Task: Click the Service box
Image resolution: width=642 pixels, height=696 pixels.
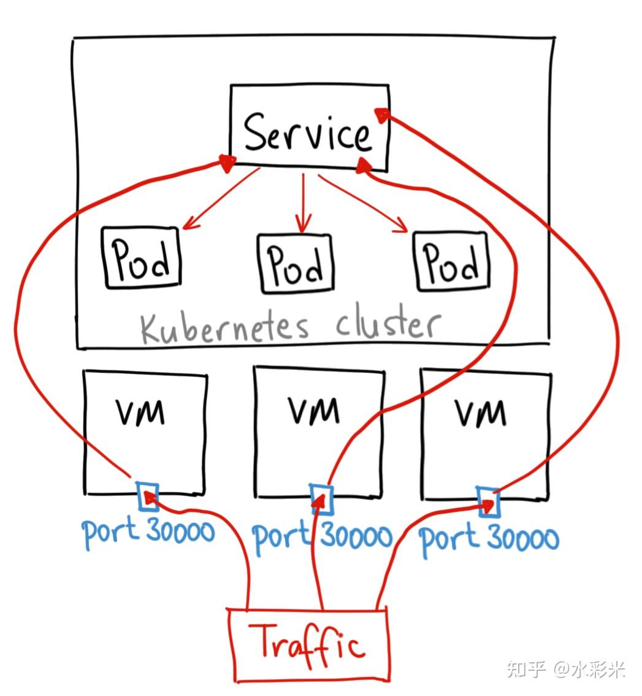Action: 309,128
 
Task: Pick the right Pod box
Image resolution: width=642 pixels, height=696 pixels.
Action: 453,261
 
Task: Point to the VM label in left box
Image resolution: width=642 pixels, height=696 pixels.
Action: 140,411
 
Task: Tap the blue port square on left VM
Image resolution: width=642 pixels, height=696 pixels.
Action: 148,497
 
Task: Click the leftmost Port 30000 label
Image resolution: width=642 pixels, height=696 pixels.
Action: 148,532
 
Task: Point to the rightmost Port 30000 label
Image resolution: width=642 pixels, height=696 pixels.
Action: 489,539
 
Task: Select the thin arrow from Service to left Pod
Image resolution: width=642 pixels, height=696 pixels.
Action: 221,199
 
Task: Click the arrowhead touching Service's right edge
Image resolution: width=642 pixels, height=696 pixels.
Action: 383,114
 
